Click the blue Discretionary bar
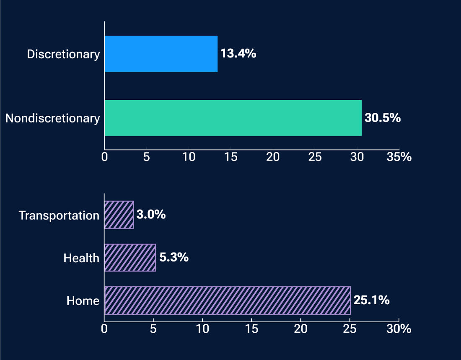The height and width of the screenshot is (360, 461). (x=161, y=54)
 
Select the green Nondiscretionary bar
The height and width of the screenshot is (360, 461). (x=233, y=118)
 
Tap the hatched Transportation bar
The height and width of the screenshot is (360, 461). (x=119, y=215)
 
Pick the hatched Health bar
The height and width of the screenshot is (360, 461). (x=130, y=257)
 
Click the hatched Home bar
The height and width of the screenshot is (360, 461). (x=227, y=300)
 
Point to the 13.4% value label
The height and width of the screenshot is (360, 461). (x=238, y=54)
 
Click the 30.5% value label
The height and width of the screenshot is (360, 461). (x=383, y=118)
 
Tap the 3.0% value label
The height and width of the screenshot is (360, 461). (x=151, y=215)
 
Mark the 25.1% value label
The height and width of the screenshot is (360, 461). (x=371, y=300)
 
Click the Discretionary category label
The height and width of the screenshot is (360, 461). (x=63, y=54)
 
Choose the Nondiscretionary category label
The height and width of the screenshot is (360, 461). (x=52, y=119)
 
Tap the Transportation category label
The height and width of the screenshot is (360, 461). (x=59, y=215)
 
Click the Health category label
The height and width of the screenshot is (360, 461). (x=81, y=258)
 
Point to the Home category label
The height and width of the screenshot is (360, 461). (x=83, y=300)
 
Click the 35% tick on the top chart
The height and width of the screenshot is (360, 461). (x=399, y=158)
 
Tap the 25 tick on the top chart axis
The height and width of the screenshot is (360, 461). (x=315, y=158)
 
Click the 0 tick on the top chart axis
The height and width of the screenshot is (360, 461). (x=104, y=158)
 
